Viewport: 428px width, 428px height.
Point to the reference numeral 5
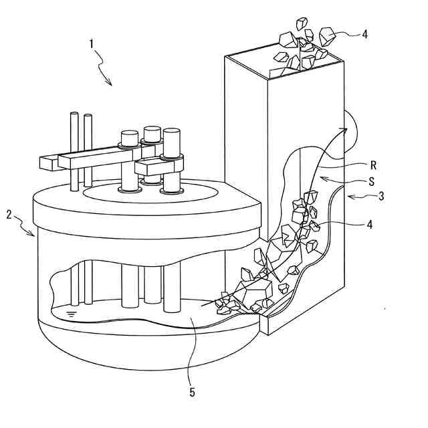[x=192, y=393]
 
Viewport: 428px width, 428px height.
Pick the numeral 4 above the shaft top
[x=364, y=34]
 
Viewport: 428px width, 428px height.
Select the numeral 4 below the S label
[x=368, y=225]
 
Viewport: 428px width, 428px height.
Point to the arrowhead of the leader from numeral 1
[x=110, y=84]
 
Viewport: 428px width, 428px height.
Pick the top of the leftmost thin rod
[x=74, y=116]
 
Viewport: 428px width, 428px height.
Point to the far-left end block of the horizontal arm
[x=49, y=162]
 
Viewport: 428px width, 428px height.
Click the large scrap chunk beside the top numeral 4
[x=329, y=36]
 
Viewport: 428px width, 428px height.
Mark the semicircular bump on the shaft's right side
[x=353, y=134]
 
